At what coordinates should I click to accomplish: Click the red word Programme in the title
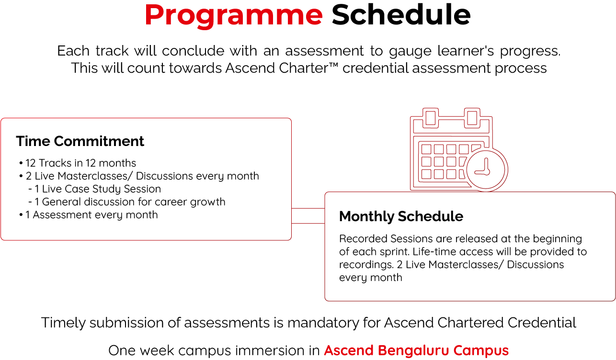pos(233,15)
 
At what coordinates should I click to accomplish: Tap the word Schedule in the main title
pos(401,15)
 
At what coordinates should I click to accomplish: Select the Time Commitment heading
pos(80,141)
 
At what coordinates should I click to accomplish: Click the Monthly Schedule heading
pos(401,216)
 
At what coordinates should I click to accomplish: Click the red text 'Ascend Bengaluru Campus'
pos(416,350)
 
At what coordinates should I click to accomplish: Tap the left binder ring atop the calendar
pos(430,117)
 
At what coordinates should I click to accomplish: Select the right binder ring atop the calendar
pos(472,117)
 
